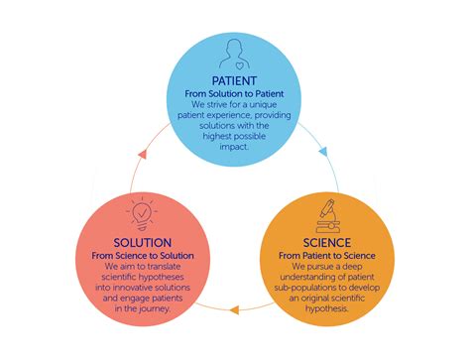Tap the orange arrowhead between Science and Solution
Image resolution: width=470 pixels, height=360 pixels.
[236, 310]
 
